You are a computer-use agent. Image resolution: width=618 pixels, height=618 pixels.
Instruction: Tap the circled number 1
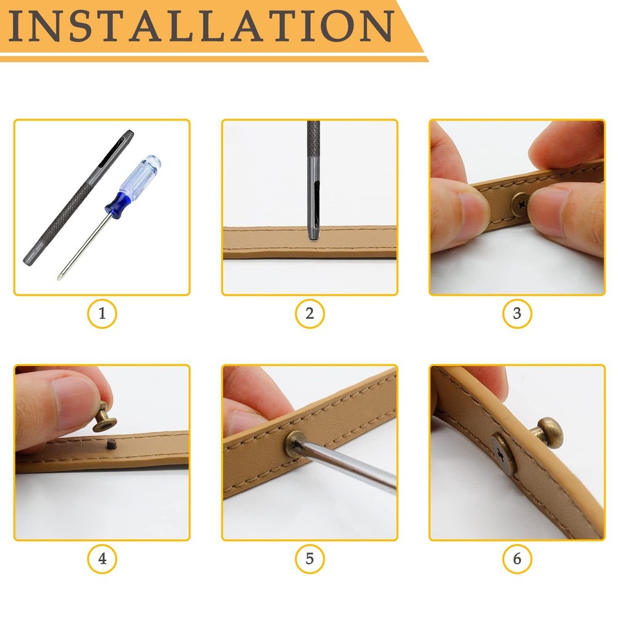(x=102, y=313)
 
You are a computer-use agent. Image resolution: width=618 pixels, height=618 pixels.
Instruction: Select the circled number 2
(x=310, y=313)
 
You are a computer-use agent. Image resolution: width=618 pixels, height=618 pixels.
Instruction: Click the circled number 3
(x=517, y=313)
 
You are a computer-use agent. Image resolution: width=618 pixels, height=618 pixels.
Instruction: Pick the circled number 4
(x=102, y=559)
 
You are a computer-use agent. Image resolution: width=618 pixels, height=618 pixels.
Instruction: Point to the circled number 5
(x=310, y=559)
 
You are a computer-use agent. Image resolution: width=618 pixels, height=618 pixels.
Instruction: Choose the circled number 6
(x=517, y=559)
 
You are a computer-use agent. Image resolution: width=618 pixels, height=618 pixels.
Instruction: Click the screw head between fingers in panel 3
(x=520, y=202)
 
